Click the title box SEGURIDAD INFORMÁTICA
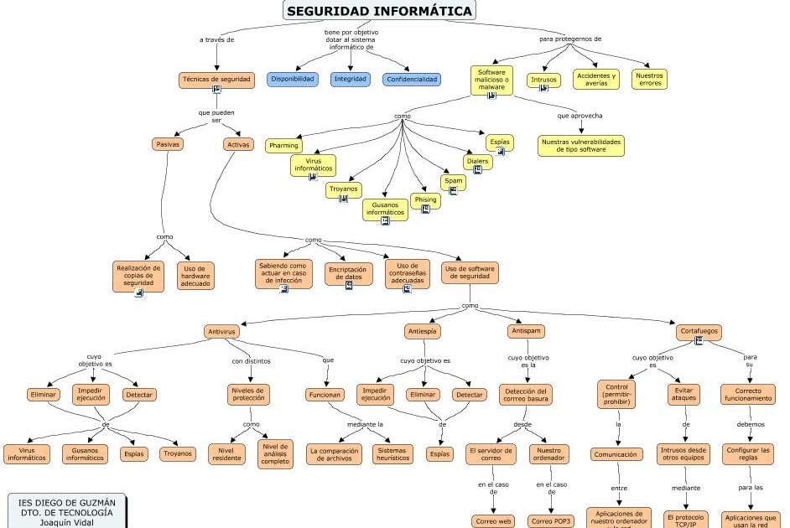pyautogui.click(x=378, y=11)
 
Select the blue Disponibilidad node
pyautogui.click(x=293, y=79)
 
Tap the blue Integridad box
pyautogui.click(x=349, y=79)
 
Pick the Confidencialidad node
pyautogui.click(x=411, y=80)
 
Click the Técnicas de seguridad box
pyautogui.click(x=216, y=79)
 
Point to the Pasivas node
pyautogui.click(x=168, y=144)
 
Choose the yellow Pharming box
pyautogui.click(x=283, y=146)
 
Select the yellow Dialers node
pyautogui.click(x=477, y=162)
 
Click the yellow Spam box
pyautogui.click(x=453, y=181)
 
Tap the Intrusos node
pyautogui.click(x=543, y=80)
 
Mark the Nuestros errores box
pyautogui.click(x=649, y=80)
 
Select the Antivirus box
pyautogui.click(x=221, y=331)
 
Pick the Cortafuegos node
pyautogui.click(x=699, y=332)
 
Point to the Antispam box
pyautogui.click(x=526, y=331)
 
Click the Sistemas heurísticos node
pyautogui.click(x=392, y=454)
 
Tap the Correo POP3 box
pyautogui.click(x=551, y=521)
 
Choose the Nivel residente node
pyautogui.click(x=226, y=454)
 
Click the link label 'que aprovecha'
pyautogui.click(x=580, y=116)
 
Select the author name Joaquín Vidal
pyautogui.click(x=67, y=521)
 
